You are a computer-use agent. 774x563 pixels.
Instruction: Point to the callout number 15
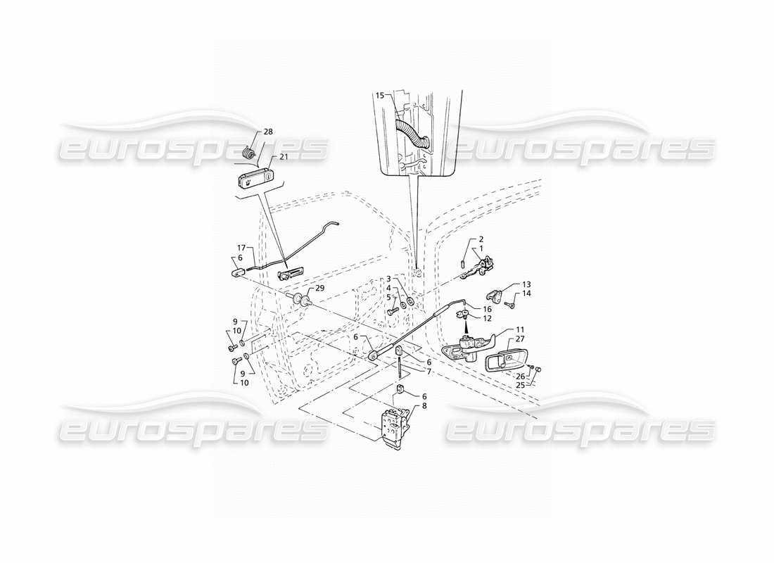380,95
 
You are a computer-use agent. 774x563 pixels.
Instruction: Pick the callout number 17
241,248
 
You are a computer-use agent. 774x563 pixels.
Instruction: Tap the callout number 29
320,289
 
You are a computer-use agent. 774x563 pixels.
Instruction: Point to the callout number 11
520,329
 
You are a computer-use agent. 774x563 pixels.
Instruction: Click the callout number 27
520,339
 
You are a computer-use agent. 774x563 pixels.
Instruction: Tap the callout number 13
526,284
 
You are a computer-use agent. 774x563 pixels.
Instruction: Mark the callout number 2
482,240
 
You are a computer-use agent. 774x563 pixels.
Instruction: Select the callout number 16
487,309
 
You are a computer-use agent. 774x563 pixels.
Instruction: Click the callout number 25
520,385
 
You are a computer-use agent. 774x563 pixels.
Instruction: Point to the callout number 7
429,371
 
